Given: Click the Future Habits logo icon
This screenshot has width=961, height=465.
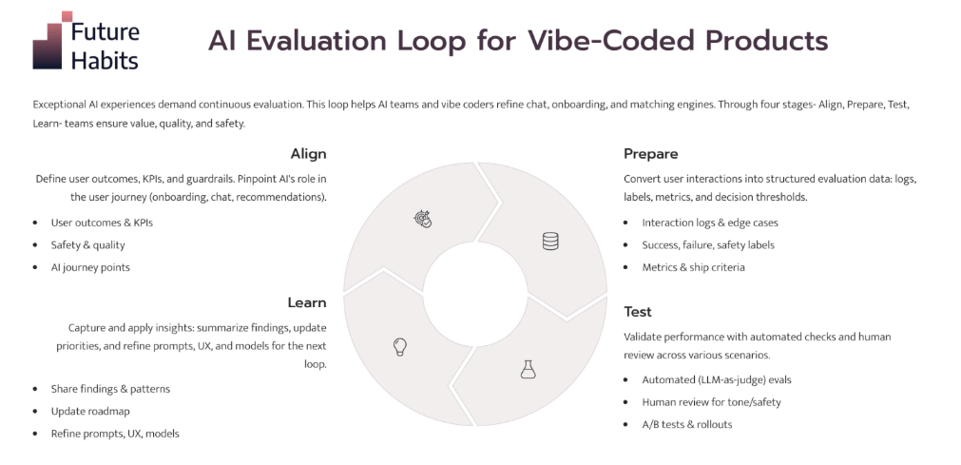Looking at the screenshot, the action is pos(51,41).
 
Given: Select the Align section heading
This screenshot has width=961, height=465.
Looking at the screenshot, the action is pos(308,154).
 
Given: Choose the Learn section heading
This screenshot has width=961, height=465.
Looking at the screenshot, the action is pos(306,302).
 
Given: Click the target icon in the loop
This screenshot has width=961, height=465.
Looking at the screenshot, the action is pos(423,220).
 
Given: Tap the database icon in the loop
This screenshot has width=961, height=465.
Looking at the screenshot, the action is pos(550,242).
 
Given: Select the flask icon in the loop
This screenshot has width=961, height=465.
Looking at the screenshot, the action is pos(528,369).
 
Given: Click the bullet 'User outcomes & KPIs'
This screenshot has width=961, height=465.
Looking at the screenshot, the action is pos(102,223).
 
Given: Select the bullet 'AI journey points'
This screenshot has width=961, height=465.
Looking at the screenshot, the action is pos(90,267).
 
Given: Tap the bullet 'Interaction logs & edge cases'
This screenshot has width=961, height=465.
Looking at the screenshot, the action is pos(710,223).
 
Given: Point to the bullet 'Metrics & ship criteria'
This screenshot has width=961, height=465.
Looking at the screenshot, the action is pos(693,267).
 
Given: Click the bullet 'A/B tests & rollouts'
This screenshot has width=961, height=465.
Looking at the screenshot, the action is pos(686,424).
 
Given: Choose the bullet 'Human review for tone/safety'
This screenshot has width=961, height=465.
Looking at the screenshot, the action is pos(711,402).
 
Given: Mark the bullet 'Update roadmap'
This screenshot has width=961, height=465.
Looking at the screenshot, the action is pos(90,411).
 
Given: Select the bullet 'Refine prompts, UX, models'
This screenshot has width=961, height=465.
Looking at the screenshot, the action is pos(115,434).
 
